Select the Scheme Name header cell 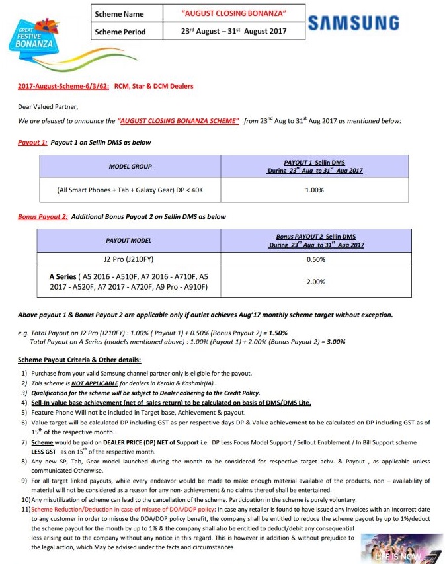(x=122, y=13)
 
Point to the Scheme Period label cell (x=122, y=31)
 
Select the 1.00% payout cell (x=315, y=190)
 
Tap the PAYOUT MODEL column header (x=128, y=240)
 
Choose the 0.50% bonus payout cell (x=316, y=259)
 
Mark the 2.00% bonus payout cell (x=316, y=282)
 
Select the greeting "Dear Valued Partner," (x=48, y=106)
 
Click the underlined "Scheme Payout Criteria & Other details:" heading (x=79, y=360)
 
